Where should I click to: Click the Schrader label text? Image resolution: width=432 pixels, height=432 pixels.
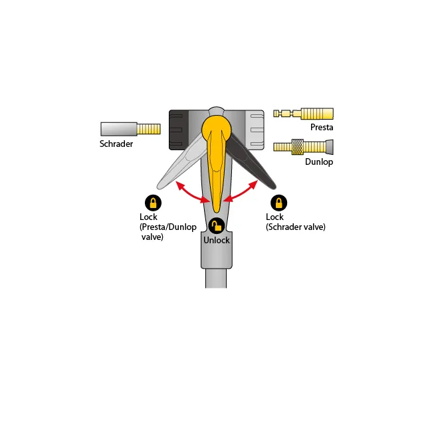116,144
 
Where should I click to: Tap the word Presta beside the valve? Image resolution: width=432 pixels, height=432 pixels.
322,128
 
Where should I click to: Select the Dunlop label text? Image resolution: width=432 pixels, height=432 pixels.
319,162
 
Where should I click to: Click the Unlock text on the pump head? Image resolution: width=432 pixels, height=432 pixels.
217,240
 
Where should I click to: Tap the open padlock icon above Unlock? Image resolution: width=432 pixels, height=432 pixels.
217,226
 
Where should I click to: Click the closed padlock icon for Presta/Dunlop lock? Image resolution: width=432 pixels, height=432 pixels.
153,203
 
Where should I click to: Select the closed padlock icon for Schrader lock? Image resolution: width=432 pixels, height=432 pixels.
279,203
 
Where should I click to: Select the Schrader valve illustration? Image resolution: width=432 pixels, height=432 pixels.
130,129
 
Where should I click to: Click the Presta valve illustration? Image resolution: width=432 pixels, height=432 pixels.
303,114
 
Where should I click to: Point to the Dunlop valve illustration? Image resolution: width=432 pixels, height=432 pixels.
303,147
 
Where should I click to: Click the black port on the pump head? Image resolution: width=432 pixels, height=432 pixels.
179,130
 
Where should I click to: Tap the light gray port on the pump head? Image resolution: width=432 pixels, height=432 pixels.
255,130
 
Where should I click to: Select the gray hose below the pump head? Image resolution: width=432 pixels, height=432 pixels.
216,278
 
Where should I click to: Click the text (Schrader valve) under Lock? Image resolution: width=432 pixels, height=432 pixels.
296,227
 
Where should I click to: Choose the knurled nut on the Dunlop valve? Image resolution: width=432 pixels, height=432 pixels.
298,147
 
